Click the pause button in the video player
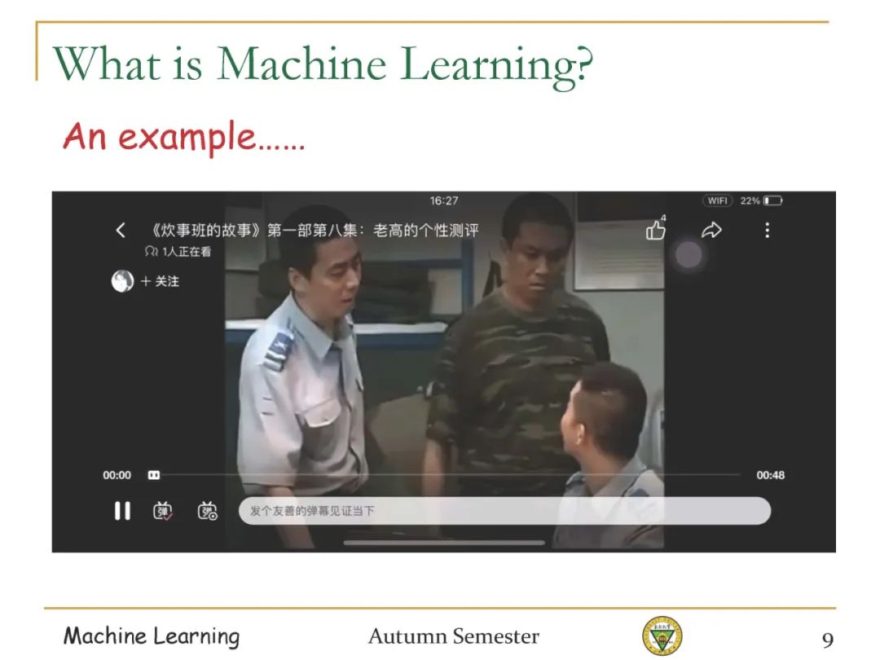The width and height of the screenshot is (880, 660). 122,511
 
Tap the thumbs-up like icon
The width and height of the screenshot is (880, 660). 655,230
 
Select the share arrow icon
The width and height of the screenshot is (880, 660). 711,230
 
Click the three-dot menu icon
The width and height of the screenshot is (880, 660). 768,230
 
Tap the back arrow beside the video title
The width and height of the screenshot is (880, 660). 120,230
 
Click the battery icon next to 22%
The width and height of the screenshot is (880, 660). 772,201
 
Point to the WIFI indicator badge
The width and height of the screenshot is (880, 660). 717,201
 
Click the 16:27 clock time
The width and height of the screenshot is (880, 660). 444,201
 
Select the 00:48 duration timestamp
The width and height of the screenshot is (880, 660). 770,475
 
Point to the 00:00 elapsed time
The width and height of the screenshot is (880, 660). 117,475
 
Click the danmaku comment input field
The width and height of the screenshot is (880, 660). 504,511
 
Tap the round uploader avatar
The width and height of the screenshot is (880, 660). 122,281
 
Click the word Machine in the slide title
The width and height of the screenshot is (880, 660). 301,64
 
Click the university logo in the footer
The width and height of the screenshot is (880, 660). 662,636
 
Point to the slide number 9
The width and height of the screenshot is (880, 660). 828,640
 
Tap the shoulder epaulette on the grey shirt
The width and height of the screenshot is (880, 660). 278,350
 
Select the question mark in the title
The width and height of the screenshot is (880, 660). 583,64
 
